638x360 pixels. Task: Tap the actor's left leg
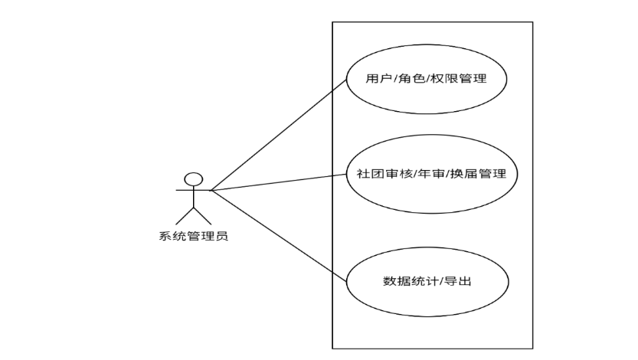(184, 216)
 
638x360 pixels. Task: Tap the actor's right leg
(204, 216)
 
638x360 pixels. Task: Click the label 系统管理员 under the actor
(188, 235)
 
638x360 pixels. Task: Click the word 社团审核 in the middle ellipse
(381, 173)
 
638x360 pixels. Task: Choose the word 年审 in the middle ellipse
(434, 173)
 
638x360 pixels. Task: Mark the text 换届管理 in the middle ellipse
(481, 173)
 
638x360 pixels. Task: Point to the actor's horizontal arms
(194, 190)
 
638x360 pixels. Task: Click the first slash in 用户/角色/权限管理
(394, 78)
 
